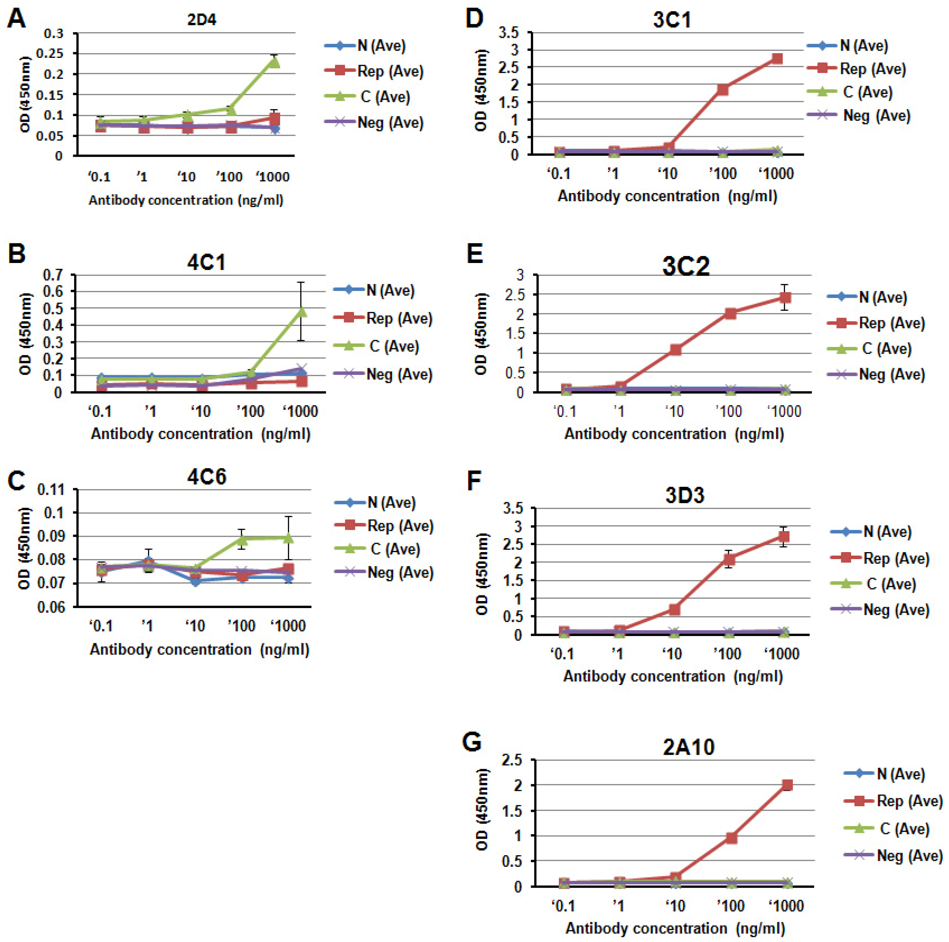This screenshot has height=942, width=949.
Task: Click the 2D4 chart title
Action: point(201,20)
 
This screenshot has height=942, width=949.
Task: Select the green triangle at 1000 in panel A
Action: point(274,62)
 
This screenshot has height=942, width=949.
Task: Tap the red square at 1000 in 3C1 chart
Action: point(777,59)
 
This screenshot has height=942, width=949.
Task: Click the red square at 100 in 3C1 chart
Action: point(723,89)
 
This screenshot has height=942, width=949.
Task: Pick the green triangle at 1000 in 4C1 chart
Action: point(301,311)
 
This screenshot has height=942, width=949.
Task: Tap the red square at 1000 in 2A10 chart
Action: point(787,785)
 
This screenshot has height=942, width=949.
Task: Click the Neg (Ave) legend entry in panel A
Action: point(390,122)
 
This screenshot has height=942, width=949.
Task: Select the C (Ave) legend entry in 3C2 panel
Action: point(886,349)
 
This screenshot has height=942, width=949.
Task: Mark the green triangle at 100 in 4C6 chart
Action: point(242,539)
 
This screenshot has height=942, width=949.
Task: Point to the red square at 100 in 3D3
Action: point(730,559)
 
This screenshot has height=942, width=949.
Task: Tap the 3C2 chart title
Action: point(686,267)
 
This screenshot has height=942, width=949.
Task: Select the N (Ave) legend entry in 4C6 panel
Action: point(391,502)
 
